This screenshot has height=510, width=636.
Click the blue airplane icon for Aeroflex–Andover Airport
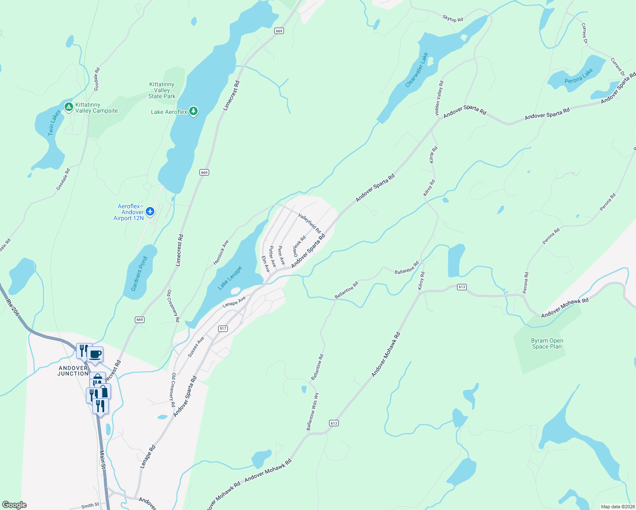click(150, 211)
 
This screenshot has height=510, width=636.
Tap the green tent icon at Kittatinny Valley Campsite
click(68, 107)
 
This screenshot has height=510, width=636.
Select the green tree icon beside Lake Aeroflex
click(193, 111)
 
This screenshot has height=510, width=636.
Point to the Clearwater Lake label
click(417, 70)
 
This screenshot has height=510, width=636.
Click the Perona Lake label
click(579, 76)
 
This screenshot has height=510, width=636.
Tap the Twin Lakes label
click(54, 123)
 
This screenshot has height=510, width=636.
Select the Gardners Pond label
click(139, 273)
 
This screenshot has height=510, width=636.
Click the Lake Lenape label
click(230, 278)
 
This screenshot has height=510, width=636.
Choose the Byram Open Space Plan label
click(547, 343)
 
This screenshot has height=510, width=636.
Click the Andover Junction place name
click(73, 371)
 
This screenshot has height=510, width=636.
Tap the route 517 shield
click(223, 329)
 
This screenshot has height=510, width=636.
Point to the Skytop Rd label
click(453, 19)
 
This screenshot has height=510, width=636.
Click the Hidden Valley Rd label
click(439, 98)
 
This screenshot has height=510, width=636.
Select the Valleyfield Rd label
click(309, 223)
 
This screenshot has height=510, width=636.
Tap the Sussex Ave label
click(196, 346)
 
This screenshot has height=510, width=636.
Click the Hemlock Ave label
click(221, 252)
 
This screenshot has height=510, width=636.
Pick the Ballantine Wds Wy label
click(313, 411)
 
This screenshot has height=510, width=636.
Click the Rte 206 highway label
click(13, 307)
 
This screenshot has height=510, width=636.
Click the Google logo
click(14, 505)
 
